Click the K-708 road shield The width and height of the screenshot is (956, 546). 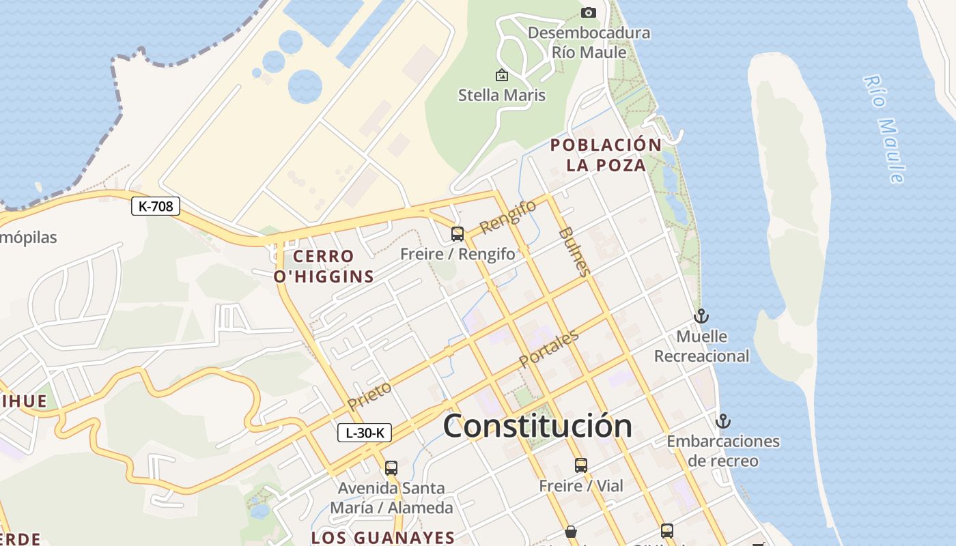click(x=156, y=205)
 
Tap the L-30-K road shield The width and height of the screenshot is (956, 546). click(x=365, y=432)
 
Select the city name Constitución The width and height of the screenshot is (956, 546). click(x=537, y=426)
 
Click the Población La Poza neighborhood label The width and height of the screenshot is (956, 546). click(x=606, y=155)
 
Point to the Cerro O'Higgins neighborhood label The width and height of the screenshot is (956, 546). click(x=324, y=266)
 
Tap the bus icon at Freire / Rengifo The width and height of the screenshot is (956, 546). click(x=458, y=234)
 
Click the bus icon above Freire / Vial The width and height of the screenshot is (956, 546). click(x=580, y=465)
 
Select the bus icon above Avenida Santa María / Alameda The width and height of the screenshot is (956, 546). click(x=391, y=468)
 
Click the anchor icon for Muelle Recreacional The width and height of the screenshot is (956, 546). click(x=701, y=316)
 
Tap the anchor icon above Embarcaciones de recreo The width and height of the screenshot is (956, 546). click(x=723, y=420)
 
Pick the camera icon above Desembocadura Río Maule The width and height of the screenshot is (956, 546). click(x=588, y=12)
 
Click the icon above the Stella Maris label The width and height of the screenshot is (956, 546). click(x=502, y=75)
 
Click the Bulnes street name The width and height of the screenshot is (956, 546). click(x=574, y=251)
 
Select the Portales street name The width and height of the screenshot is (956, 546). click(x=549, y=349)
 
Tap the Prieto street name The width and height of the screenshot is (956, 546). click(x=369, y=397)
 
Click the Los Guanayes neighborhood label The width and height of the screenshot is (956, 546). click(x=383, y=537)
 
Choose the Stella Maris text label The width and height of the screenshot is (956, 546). click(x=502, y=95)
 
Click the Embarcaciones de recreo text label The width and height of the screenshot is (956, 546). click(x=723, y=450)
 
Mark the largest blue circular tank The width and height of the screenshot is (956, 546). click(x=305, y=86)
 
